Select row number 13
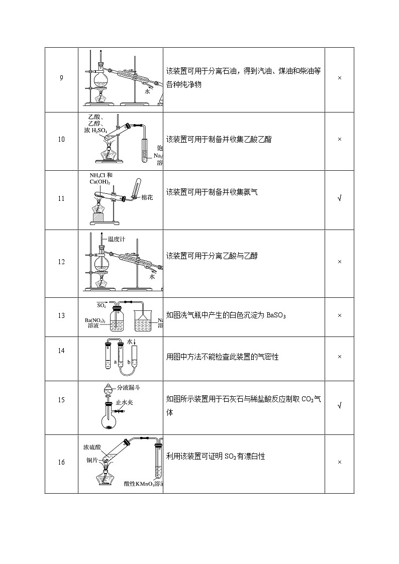[61, 316]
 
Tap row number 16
[61, 463]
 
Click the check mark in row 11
[340, 198]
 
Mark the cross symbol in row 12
[340, 262]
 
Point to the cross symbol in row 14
[340, 357]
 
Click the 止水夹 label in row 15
[124, 402]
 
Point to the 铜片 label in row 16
[92, 459]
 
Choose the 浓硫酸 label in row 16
[93, 446]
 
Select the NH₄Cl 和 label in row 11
[101, 175]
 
